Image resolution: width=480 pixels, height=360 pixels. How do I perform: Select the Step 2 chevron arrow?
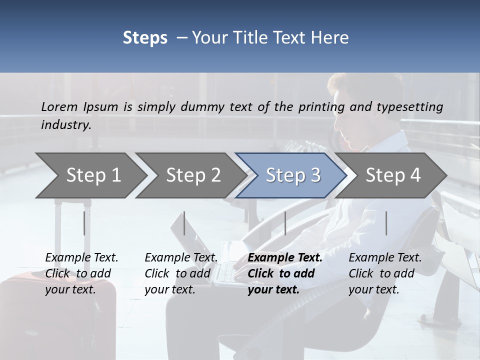pos(190,175)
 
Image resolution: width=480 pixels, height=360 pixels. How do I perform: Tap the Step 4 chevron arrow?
pos(392,175)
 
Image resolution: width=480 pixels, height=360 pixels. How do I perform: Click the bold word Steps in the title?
pos(145,37)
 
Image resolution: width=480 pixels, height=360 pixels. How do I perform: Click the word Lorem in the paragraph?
pos(59,106)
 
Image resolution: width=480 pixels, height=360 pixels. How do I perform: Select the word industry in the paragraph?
pos(66,125)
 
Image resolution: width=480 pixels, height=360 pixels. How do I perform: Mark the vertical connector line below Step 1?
pos(84,223)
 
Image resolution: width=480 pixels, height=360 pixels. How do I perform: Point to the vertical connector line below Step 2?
pos(184,223)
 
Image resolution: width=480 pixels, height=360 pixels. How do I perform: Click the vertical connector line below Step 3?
pos(285,223)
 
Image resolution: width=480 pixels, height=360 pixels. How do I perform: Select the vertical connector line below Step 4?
pos(386,223)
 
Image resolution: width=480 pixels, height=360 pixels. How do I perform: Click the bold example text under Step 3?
pos(284,273)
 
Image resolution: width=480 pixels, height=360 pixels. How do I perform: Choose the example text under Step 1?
pos(81,273)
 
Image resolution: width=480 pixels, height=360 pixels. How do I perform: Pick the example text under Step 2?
pos(180,273)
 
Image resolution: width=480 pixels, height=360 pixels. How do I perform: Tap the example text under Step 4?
pos(384,273)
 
